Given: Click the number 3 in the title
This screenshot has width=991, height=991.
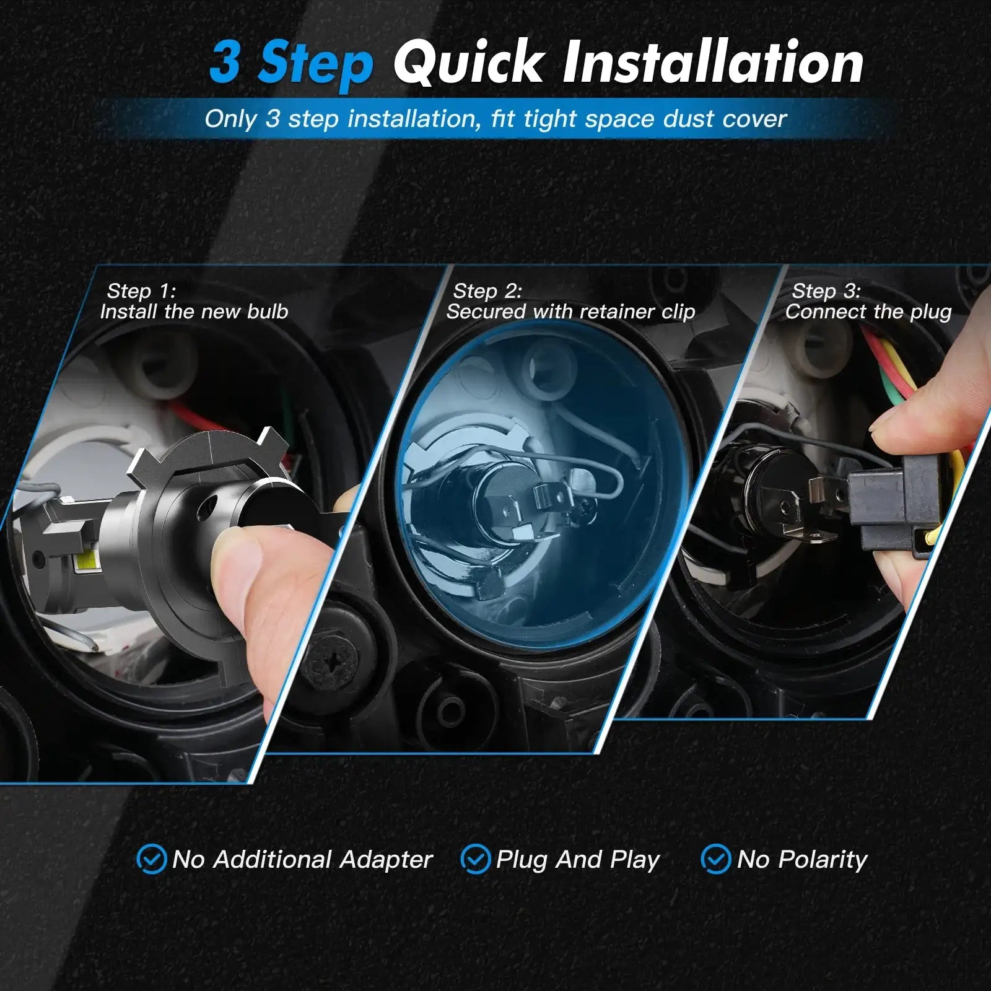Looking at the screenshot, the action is [x=225, y=63].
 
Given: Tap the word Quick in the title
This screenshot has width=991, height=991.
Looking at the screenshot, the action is [x=468, y=63].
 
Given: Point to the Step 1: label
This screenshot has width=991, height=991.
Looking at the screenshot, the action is [x=141, y=290].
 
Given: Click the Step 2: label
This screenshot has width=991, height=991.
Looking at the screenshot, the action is [x=487, y=290].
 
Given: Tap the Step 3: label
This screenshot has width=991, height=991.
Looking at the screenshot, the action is [x=826, y=290].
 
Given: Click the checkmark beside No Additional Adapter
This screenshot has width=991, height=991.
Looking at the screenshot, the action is [x=151, y=859].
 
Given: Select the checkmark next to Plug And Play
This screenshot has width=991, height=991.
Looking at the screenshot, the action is [x=476, y=859].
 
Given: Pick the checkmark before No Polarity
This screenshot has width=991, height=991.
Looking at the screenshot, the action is [x=715, y=859].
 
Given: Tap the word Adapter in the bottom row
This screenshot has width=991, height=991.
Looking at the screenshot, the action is [x=386, y=860].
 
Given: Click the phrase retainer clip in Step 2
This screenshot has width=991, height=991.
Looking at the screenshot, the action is [x=639, y=312].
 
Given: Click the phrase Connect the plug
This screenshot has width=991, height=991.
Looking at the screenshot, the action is [x=868, y=312].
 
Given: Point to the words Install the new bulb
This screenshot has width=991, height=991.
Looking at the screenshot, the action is [x=194, y=311].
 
